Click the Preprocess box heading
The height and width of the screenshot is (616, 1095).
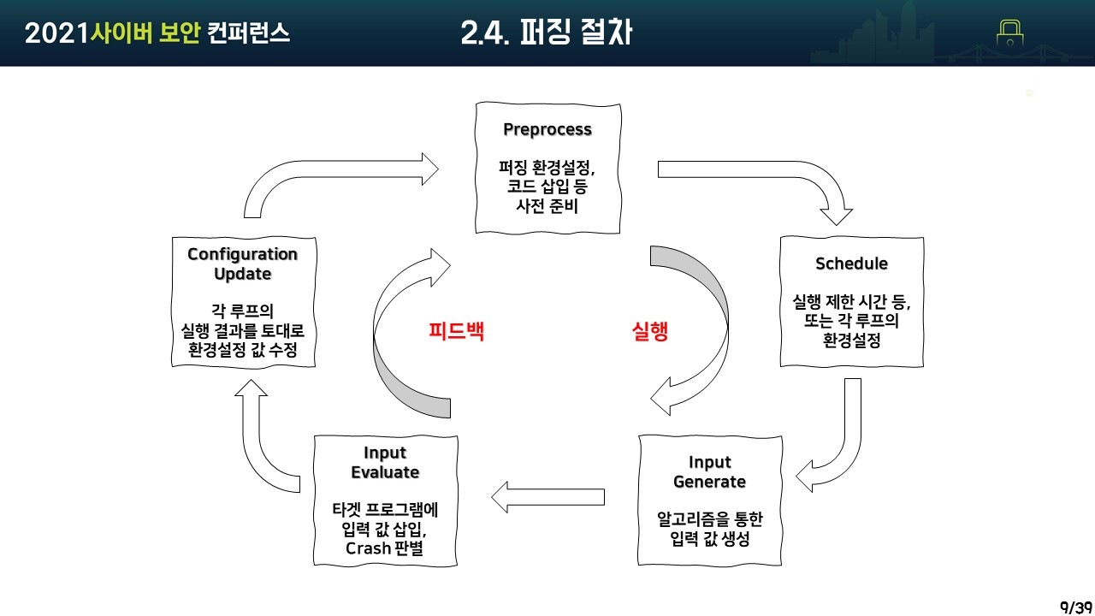tap(547, 130)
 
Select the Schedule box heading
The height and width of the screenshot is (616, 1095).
tap(851, 264)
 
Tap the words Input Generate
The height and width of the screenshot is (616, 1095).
tap(710, 472)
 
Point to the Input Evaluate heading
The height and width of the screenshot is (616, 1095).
tap(385, 462)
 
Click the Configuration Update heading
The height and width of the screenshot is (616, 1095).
tap(243, 264)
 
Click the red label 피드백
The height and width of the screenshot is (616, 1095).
tap(456, 332)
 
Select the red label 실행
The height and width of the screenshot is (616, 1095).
tap(648, 332)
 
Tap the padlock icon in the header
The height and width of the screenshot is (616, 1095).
tap(1010, 33)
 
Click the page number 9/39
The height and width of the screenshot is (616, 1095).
tap(1075, 607)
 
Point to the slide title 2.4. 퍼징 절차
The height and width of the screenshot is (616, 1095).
tap(547, 33)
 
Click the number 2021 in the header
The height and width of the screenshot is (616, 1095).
tap(57, 33)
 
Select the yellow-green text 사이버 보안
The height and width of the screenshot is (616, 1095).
tap(145, 33)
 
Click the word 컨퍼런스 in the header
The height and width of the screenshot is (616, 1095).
tap(248, 33)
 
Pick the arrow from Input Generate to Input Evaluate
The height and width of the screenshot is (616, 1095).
tap(547, 497)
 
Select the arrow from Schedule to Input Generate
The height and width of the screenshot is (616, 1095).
tap(843, 445)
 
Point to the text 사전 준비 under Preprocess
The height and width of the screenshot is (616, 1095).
tap(547, 205)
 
